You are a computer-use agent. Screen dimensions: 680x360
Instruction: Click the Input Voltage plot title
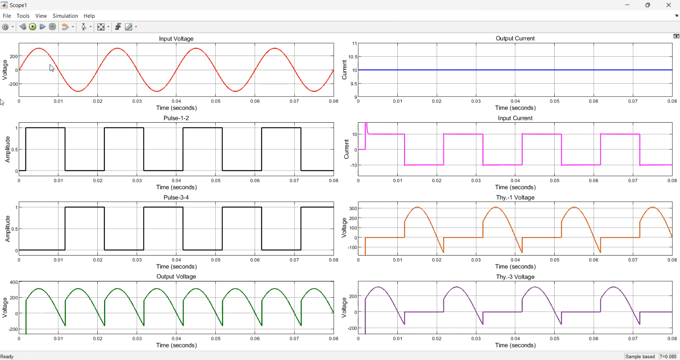pos(176,39)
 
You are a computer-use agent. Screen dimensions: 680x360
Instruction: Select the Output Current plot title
pos(515,38)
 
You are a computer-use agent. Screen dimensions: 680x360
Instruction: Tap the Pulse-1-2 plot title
pos(176,118)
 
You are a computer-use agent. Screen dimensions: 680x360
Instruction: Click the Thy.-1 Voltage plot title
pos(515,198)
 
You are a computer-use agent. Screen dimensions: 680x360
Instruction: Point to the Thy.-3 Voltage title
pos(515,277)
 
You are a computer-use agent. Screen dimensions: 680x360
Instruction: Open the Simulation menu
pos(65,16)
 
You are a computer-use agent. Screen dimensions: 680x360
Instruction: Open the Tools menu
pos(23,16)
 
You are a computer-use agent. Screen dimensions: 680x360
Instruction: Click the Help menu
pos(89,16)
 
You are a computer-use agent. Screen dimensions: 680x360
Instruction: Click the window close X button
pos(669,5)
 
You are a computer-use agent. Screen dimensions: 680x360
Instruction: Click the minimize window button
pos(627,5)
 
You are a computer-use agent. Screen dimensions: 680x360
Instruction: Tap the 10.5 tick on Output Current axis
pos(353,57)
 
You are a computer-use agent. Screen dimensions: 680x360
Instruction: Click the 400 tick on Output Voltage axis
pos(13,282)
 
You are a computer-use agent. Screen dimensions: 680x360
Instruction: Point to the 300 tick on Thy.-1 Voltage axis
pos(353,209)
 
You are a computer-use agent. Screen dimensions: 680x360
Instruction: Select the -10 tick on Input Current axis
pos(354,165)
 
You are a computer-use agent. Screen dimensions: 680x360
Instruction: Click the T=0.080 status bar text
pos(668,356)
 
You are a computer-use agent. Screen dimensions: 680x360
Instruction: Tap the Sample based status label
pos(640,356)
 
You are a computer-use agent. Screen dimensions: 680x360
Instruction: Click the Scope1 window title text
pos(19,5)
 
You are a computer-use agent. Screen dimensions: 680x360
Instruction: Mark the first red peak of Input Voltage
pos(39,48)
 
